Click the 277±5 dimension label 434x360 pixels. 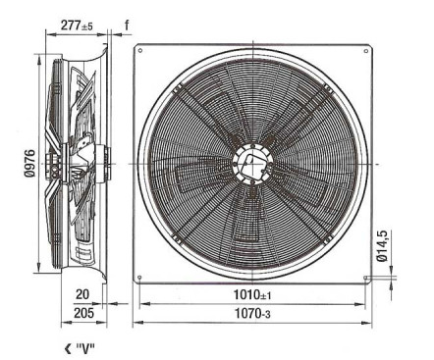(77, 26)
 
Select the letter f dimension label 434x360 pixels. (127, 25)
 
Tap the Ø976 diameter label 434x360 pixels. (29, 163)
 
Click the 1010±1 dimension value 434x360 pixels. (252, 295)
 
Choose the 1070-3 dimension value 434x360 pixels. (252, 314)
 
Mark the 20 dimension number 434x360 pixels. (82, 294)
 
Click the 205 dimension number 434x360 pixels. (83, 313)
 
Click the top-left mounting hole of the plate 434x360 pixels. (140, 50)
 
